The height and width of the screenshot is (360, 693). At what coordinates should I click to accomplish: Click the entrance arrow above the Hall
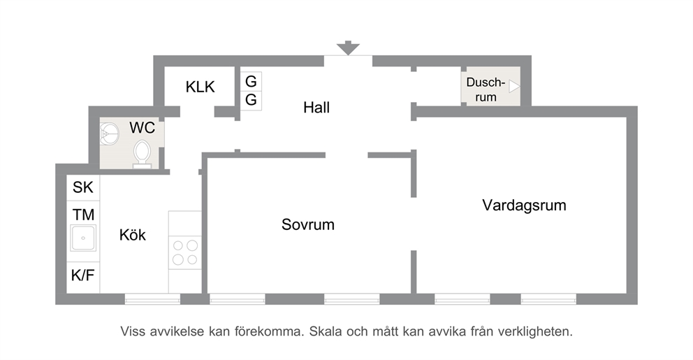coord(348,48)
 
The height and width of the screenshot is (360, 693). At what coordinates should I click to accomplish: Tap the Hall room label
coord(316,108)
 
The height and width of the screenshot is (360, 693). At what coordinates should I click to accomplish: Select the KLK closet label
coord(200,87)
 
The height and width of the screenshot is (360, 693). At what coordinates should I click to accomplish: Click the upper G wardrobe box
coord(251,81)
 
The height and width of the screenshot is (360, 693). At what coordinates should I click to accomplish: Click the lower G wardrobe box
coord(251,101)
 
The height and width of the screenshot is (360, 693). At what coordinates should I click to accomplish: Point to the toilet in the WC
coord(142,154)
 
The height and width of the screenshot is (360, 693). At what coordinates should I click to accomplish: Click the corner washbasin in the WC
coord(109,134)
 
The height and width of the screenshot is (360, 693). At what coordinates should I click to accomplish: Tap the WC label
coord(143,128)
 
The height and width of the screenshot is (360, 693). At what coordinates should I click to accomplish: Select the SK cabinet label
coord(83,187)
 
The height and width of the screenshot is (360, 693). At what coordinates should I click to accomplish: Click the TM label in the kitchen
coord(84,215)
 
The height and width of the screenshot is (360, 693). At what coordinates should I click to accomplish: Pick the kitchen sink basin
coord(83,238)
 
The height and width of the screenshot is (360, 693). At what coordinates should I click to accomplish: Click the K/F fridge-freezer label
coord(83,275)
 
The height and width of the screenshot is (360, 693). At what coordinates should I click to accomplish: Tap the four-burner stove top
coord(185,252)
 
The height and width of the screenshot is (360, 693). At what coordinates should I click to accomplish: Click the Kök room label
coord(133,235)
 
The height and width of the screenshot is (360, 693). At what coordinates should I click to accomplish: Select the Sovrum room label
coord(308,224)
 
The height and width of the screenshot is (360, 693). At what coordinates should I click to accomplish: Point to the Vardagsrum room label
coord(524,206)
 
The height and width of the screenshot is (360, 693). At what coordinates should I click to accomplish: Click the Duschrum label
coord(486,89)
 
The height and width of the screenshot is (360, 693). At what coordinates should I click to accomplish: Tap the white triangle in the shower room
coord(514,86)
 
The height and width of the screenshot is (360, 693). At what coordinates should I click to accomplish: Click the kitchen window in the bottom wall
coord(152,299)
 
